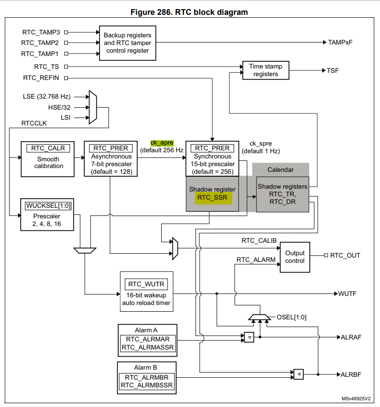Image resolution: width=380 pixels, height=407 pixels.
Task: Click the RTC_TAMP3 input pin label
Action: point(41,33)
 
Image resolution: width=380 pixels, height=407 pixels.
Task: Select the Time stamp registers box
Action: point(265,70)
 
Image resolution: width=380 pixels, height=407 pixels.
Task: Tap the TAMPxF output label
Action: point(340,42)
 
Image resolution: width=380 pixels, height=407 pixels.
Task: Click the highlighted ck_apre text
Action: point(162,142)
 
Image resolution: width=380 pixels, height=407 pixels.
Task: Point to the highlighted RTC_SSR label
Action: point(213,197)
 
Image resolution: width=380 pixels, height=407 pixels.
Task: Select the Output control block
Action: point(294,257)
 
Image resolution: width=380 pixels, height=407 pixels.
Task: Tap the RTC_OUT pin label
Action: point(345,255)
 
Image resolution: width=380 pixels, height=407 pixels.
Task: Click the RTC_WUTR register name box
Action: point(146,284)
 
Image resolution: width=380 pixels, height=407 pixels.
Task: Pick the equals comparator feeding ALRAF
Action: point(249,337)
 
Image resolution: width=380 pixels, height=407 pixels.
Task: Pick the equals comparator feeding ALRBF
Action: point(298,374)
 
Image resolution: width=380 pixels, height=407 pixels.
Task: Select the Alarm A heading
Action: point(147,330)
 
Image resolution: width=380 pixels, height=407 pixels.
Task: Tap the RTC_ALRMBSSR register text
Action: point(147,385)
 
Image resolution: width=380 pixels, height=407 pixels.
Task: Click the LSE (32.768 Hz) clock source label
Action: point(46,96)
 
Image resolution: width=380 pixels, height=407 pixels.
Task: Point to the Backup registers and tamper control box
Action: point(127,43)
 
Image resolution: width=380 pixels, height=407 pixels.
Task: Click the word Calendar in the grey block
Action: point(280,170)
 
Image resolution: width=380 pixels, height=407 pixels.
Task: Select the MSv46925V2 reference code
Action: point(357,398)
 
